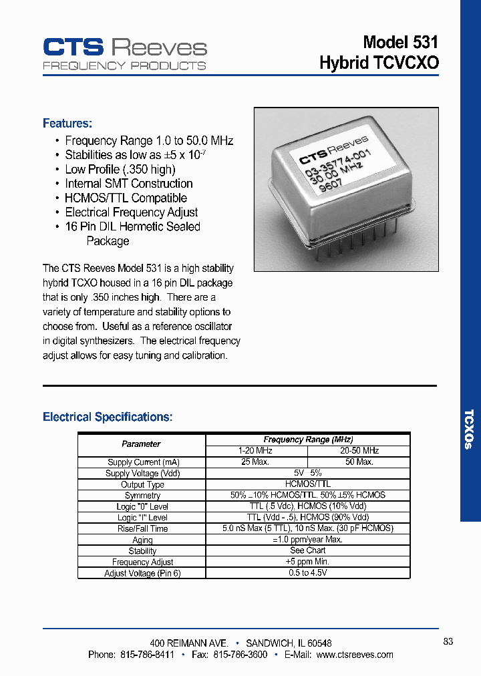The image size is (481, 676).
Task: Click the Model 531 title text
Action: click(400, 42)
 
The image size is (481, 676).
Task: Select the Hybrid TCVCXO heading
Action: click(379, 63)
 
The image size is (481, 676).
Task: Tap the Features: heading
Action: click(67, 124)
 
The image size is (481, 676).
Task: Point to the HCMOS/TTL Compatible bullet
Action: click(126, 198)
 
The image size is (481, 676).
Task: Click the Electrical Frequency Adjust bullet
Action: click(131, 212)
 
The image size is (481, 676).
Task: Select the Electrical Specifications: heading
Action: click(108, 417)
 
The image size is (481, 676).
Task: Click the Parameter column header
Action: click(141, 444)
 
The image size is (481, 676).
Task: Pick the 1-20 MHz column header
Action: click(256, 451)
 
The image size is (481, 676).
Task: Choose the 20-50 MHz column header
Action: click(359, 451)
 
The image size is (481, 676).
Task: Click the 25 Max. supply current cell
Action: click(256, 462)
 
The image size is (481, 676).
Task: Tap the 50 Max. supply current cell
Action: click(359, 462)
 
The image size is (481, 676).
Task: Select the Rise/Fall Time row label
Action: click(142, 529)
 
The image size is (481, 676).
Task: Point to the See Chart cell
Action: click(307, 550)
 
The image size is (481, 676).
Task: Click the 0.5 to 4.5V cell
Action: click(307, 573)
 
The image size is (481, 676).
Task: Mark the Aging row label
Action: click(142, 540)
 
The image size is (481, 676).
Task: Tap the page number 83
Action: click(448, 641)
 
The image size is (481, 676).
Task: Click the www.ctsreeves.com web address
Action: click(355, 655)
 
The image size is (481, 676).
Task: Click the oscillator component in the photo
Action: click(332, 194)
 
